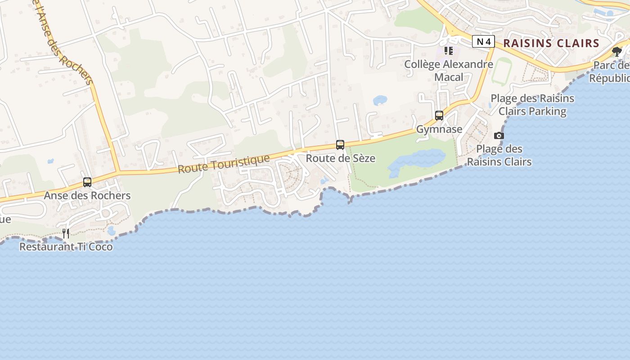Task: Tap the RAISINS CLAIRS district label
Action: click(x=551, y=43)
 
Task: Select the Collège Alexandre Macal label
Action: click(x=449, y=71)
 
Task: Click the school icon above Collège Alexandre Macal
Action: click(x=448, y=51)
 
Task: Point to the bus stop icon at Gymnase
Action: click(x=439, y=116)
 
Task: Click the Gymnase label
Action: click(x=439, y=129)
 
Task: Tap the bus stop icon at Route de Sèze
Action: click(x=340, y=145)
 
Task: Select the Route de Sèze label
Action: click(x=340, y=158)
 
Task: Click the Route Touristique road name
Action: click(x=224, y=164)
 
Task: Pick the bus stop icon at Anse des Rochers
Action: click(x=87, y=182)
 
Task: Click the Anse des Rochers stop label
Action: click(x=87, y=196)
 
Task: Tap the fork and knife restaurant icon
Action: click(x=66, y=233)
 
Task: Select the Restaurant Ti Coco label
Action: click(x=66, y=247)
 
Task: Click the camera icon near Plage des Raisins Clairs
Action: click(x=499, y=135)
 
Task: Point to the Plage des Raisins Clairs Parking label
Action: click(x=532, y=104)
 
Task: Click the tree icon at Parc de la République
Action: click(x=617, y=52)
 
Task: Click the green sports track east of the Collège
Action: click(x=501, y=72)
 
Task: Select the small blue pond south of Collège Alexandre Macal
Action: click(x=380, y=100)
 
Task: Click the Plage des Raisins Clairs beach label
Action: click(x=499, y=155)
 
